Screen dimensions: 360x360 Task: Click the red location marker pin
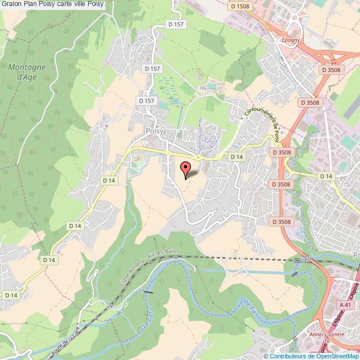tap(186, 168)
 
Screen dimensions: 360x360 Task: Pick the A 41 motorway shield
tap(345, 305)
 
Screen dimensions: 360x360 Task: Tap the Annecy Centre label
tap(329, 335)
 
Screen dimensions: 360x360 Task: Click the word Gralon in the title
tap(11, 4)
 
